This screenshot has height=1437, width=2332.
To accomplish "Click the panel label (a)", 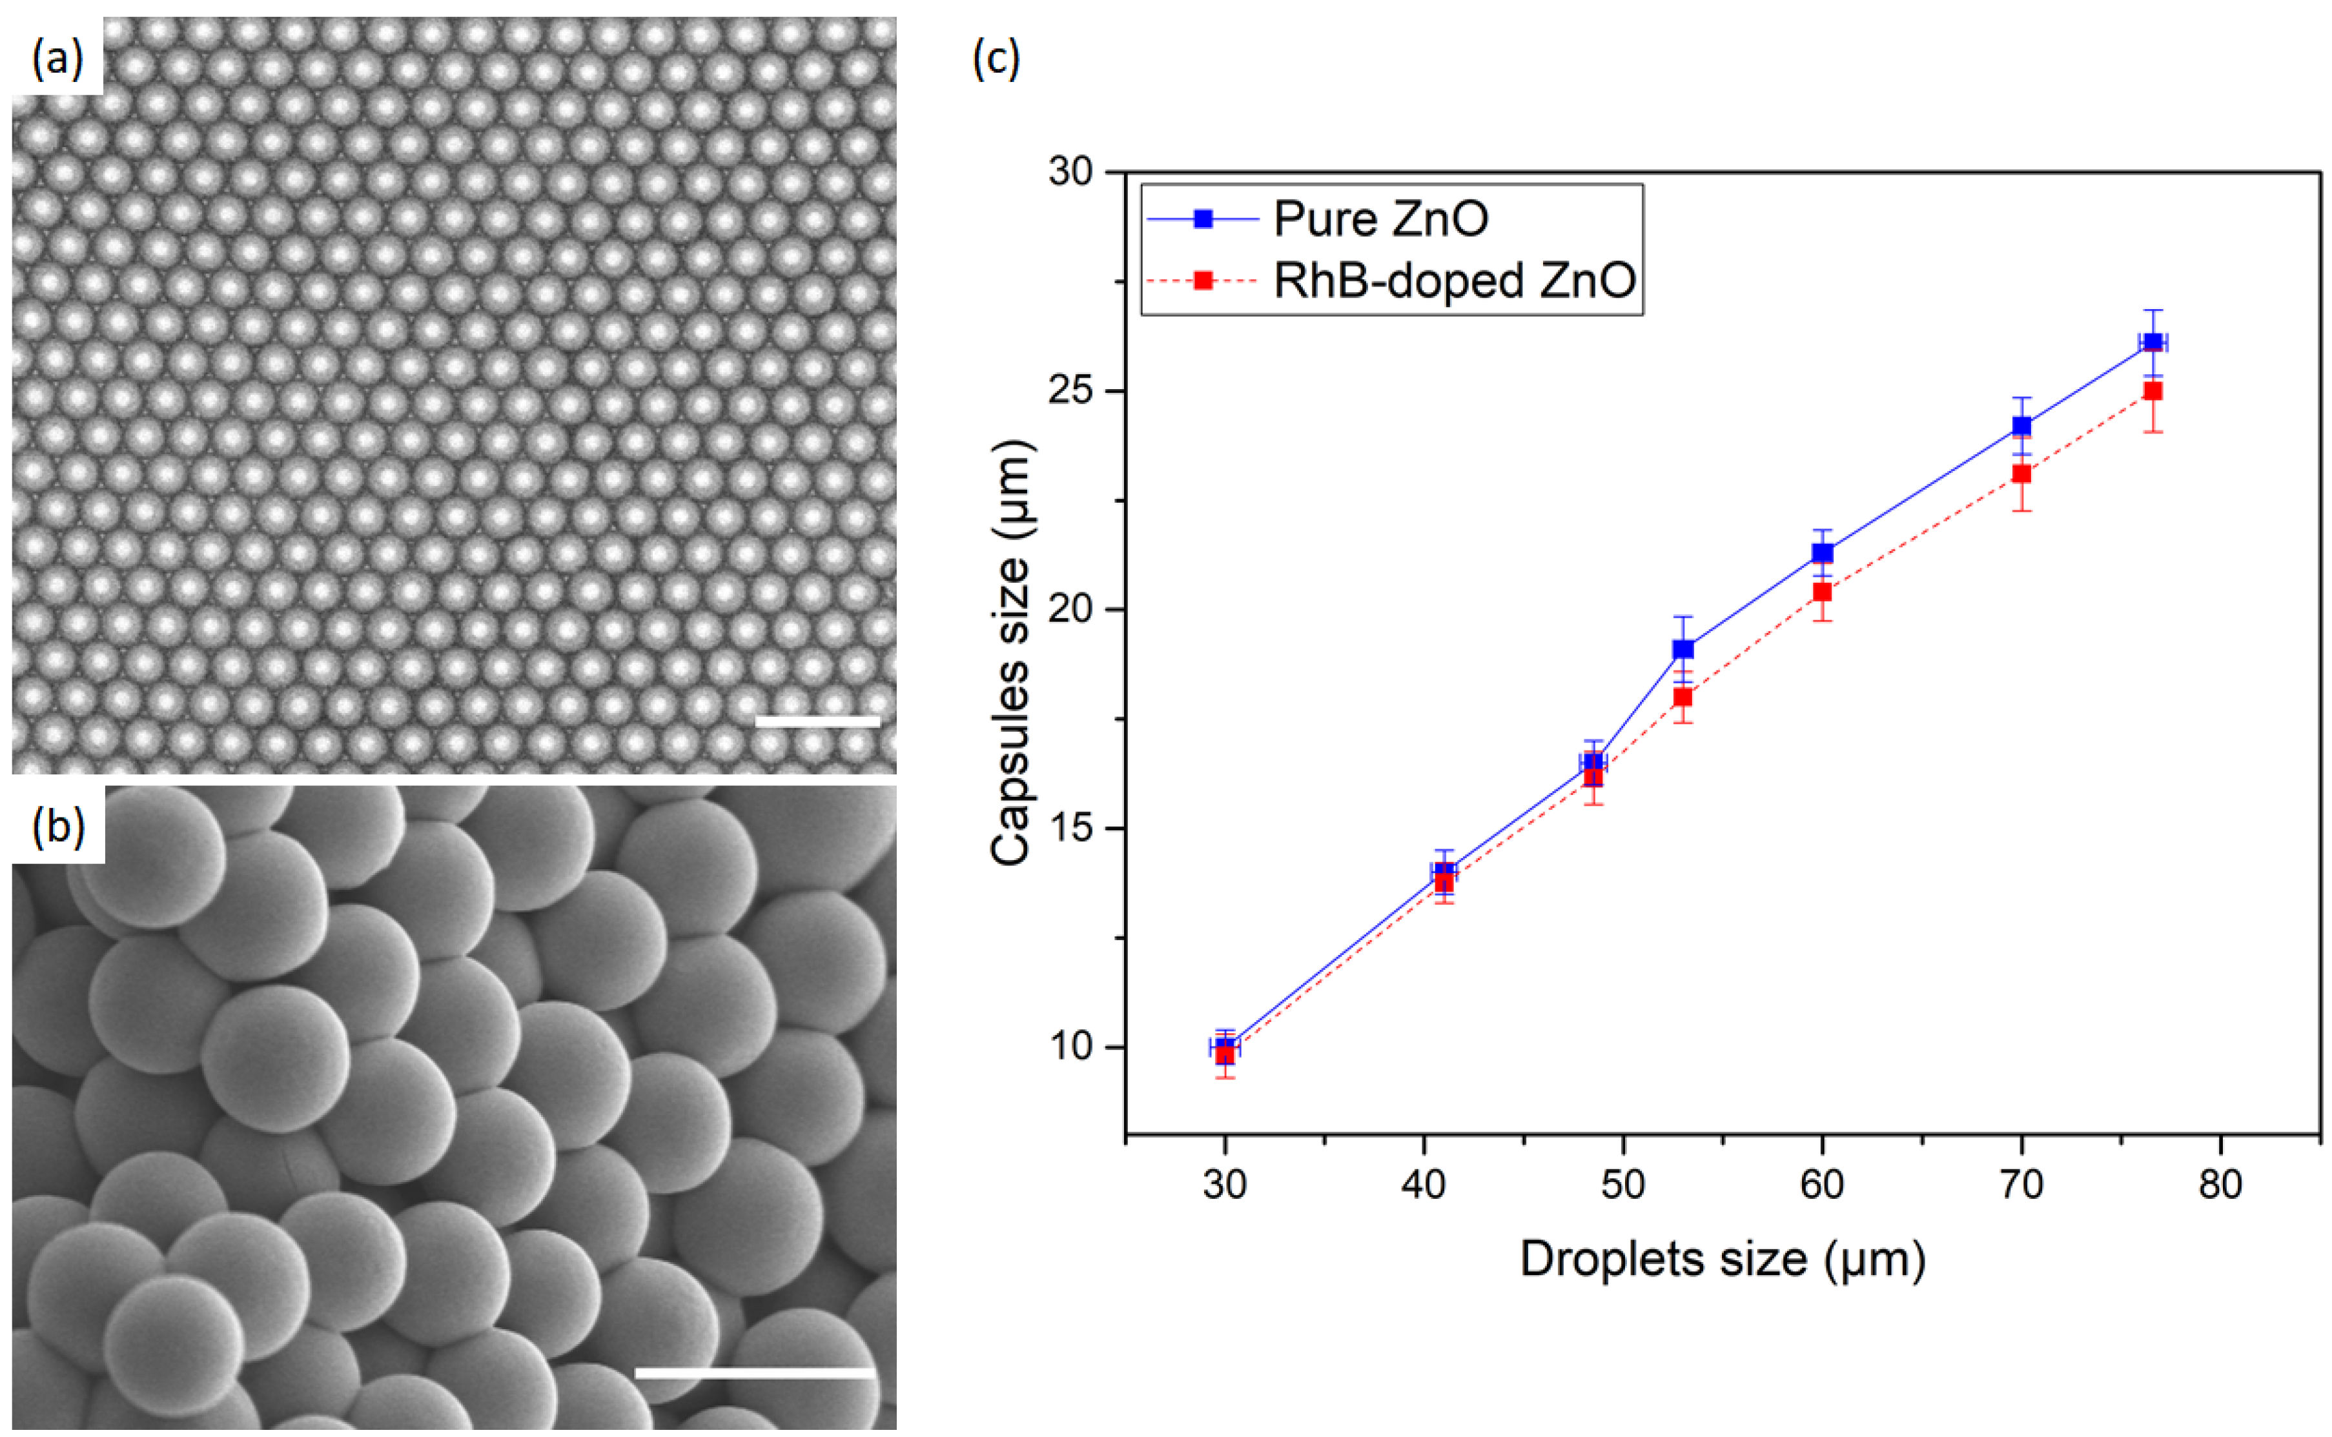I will pyautogui.click(x=57, y=59).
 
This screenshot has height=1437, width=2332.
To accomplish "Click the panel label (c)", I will pyautogui.click(x=996, y=59).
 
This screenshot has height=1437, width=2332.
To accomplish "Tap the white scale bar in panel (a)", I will pyautogui.click(x=817, y=722).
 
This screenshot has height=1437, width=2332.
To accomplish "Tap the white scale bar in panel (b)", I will pyautogui.click(x=754, y=1372).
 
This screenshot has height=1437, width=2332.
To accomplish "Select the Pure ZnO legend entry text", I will pyautogui.click(x=1380, y=219).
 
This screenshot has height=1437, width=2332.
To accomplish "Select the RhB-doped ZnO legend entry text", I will pyautogui.click(x=1455, y=281).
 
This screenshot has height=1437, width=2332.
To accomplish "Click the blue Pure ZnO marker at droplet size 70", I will pyautogui.click(x=2021, y=426).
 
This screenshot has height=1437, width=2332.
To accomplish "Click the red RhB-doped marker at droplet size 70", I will pyautogui.click(x=2021, y=473).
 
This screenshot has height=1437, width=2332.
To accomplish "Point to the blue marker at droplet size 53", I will pyautogui.click(x=1683, y=649).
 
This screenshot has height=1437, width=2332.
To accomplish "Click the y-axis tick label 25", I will pyautogui.click(x=1070, y=390).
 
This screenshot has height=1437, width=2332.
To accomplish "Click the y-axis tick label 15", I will pyautogui.click(x=1070, y=829).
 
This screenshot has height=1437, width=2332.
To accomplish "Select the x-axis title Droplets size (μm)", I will pyautogui.click(x=1723, y=1260).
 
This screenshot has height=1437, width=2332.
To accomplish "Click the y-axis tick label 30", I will pyautogui.click(x=1070, y=172).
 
